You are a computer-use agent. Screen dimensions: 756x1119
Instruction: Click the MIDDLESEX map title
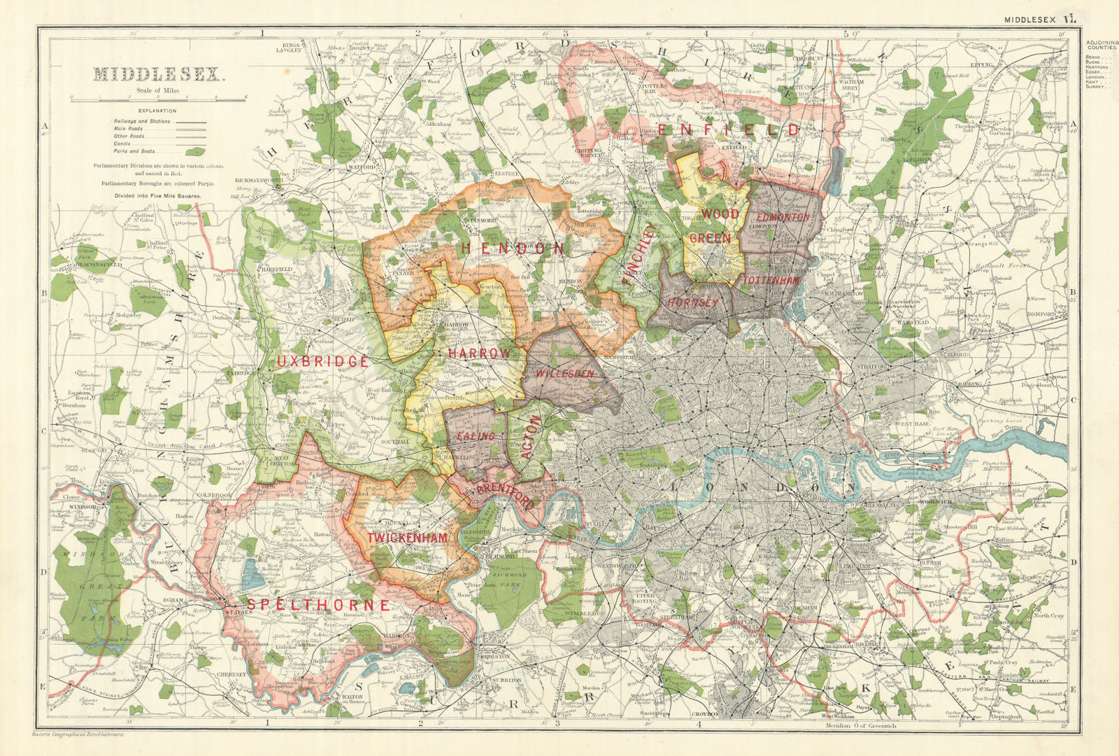[x=157, y=74]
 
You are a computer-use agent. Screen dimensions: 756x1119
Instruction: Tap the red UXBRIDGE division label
[x=322, y=361]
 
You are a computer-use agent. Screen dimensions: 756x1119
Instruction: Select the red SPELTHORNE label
[x=317, y=604]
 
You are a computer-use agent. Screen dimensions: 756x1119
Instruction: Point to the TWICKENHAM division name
[x=407, y=538]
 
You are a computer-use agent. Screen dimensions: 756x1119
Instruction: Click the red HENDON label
[x=512, y=248]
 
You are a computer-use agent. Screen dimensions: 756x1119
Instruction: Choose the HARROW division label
[x=479, y=354]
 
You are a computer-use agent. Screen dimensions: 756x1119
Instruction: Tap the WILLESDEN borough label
[x=565, y=374]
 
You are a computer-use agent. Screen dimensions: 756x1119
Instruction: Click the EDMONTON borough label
[x=783, y=217]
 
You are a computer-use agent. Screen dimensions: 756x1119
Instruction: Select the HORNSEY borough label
[x=693, y=302]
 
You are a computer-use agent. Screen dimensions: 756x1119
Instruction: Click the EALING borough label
[x=476, y=436]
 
